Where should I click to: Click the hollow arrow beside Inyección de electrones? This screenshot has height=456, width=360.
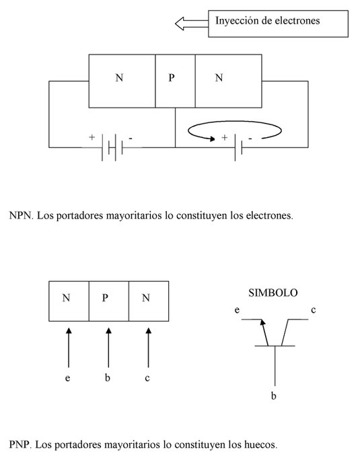tap(192, 24)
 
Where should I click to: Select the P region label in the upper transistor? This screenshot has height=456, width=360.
tap(172, 77)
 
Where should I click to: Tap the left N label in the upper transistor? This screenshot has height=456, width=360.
tap(119, 77)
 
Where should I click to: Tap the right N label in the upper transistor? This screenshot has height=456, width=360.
tap(219, 77)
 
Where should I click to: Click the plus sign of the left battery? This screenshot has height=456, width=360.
tap(92, 137)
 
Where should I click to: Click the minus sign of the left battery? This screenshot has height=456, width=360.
tap(131, 138)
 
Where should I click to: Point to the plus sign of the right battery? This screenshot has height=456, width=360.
tap(224, 137)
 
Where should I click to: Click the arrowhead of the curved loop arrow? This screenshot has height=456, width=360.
tap(212, 139)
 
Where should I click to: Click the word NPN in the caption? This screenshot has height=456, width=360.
tap(22, 215)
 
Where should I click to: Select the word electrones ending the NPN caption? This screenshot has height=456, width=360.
tap(269, 215)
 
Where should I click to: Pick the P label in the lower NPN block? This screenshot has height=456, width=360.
tap(105, 298)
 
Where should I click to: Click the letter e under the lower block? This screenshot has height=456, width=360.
tap(67, 378)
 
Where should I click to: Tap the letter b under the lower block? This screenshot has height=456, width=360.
tap(108, 377)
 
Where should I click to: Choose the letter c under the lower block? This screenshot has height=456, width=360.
tap(147, 378)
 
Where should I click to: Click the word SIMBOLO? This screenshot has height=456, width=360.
tap(273, 293)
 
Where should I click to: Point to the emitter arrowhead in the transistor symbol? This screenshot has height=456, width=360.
tap(262, 322)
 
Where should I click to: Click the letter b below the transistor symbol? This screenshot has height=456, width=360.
tap(274, 395)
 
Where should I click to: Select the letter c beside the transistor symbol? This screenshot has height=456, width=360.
tap(313, 310)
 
